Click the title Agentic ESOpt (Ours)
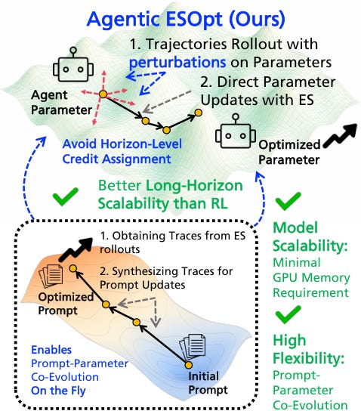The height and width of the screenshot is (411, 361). (x=186, y=19)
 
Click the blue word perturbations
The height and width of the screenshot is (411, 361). (x=177, y=63)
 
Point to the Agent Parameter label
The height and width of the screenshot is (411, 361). (x=61, y=103)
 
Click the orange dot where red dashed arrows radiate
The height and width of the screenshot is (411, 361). (x=103, y=94)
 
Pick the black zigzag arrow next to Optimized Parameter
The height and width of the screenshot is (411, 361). (x=340, y=135)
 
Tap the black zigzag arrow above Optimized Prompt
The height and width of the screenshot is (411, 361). (x=76, y=249)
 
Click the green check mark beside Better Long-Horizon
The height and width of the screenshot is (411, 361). (x=66, y=196)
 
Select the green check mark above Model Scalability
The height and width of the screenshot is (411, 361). (x=288, y=201)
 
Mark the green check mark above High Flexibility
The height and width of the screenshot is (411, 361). (x=288, y=314)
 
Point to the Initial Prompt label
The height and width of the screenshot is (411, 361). (x=208, y=383)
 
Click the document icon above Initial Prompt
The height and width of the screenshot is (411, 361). (x=192, y=347)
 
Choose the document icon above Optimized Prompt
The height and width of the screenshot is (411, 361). (x=51, y=275)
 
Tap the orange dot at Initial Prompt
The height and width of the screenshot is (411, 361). (x=188, y=365)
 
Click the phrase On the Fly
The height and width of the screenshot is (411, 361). (x=58, y=391)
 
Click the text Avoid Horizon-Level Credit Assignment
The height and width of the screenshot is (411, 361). (x=122, y=151)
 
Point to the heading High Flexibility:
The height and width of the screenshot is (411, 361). (x=308, y=349)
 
